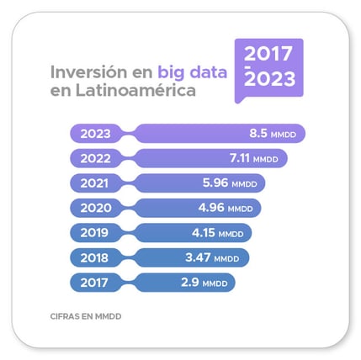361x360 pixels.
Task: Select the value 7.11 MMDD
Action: pos(253,158)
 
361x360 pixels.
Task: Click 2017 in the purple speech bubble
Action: pos(269,55)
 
